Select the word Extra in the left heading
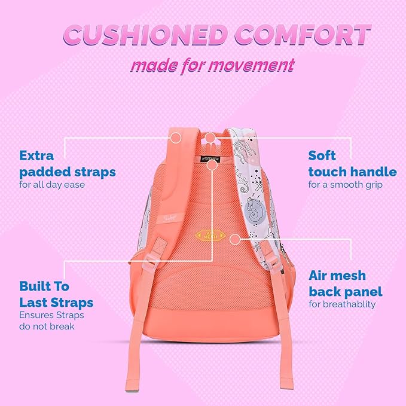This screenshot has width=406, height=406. point(36,156)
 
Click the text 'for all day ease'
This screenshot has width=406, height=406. point(52,185)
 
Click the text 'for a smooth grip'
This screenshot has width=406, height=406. point(345,185)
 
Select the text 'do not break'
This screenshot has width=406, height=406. point(47,326)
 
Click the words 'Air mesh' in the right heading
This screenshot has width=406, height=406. point(337,276)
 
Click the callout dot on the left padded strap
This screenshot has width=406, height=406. point(176,138)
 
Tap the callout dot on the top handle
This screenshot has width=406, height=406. point(210,138)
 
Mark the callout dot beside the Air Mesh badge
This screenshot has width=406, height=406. point(235,239)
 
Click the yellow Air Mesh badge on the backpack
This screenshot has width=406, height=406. point(206,236)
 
